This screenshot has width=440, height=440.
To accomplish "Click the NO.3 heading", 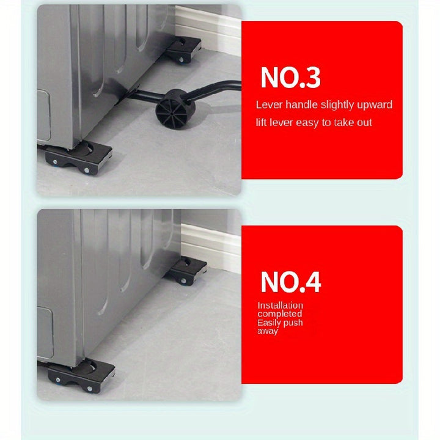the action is (290, 78).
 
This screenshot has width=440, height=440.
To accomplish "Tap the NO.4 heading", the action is (291, 282).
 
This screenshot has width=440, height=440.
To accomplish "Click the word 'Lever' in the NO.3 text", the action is (269, 105).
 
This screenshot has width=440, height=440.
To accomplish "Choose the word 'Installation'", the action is (280, 306).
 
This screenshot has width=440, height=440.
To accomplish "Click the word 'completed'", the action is (280, 314).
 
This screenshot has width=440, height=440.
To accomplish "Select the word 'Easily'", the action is (269, 323).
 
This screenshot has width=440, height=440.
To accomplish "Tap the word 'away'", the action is (268, 331).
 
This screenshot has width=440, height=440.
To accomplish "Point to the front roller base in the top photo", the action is (78, 157).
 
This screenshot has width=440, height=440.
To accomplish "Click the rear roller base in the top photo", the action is (183, 50).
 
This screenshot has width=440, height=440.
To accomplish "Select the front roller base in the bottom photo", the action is (81, 375).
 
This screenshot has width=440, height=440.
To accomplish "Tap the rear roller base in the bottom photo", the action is (186, 271).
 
